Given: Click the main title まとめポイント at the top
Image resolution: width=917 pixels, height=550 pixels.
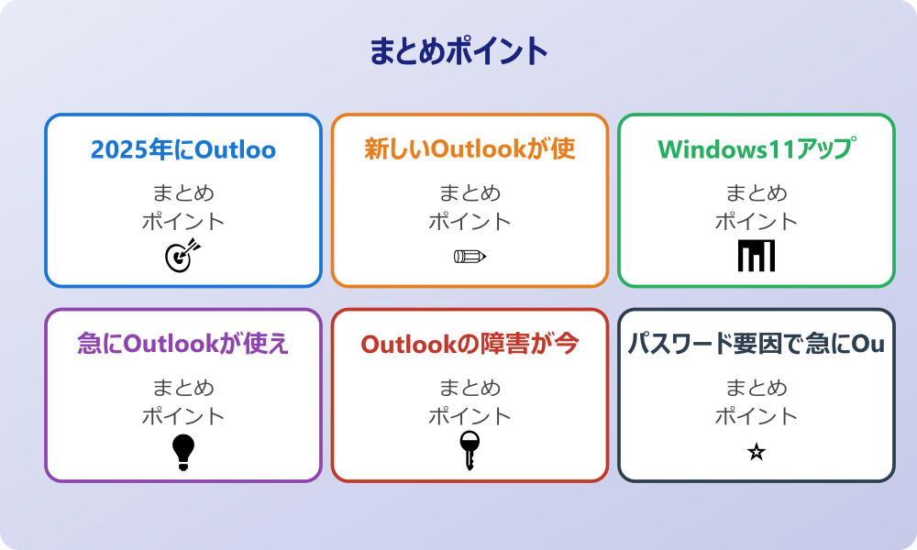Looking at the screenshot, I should point(458,51).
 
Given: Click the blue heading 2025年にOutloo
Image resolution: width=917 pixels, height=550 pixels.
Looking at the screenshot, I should point(183,149).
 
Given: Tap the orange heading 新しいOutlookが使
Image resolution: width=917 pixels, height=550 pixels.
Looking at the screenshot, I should point(470,149).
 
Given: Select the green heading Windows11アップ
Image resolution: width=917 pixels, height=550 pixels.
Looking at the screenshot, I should point(757,149).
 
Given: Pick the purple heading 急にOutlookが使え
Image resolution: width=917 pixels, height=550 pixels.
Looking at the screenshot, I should point(183,344).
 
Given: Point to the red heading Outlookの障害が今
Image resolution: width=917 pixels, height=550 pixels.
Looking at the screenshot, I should point(470,344).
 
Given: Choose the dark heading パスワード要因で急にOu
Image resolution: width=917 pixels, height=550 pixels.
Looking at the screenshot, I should point(757,344).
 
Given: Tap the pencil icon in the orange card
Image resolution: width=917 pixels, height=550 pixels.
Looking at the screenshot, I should point(470,256).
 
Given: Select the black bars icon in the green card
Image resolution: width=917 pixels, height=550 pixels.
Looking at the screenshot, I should point(757,256).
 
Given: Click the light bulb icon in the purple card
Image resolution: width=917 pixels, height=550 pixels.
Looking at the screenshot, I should point(183,451).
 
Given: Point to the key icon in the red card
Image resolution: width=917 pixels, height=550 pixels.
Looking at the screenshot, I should point(470,451).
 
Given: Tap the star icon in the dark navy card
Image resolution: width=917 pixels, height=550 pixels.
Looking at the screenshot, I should point(757,452).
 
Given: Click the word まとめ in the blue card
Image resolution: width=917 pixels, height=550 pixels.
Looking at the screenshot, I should point(183,193).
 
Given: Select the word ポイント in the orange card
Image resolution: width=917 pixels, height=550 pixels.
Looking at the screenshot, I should point(470,222).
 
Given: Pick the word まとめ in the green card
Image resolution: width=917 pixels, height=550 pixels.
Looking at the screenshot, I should point(757,193).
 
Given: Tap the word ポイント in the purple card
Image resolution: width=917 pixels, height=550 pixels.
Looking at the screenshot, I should point(183,416).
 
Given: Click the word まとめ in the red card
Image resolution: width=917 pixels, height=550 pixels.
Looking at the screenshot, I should point(470,388).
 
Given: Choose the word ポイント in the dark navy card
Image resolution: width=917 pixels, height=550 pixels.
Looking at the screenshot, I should point(757,416).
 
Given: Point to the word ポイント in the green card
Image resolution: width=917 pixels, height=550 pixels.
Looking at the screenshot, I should point(757,222).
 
